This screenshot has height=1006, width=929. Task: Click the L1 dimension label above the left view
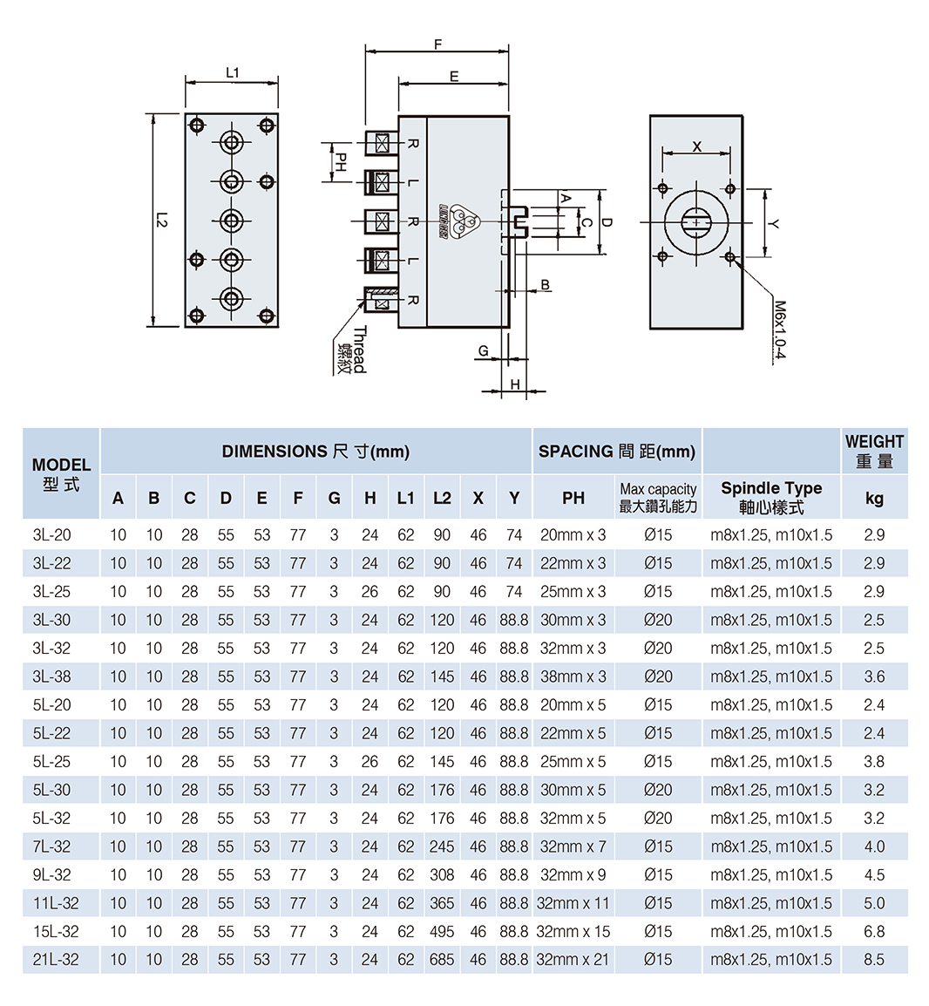click(x=232, y=73)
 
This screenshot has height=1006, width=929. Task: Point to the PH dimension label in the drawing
click(x=342, y=162)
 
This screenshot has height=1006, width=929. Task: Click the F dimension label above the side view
click(x=437, y=44)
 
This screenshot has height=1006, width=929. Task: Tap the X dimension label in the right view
click(x=696, y=146)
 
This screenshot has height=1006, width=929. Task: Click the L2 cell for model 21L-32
click(x=442, y=960)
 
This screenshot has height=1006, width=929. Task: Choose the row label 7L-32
click(x=52, y=846)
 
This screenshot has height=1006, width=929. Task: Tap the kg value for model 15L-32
click(x=874, y=931)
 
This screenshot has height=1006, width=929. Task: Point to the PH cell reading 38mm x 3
click(x=573, y=676)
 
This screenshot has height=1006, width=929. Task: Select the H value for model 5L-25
click(x=370, y=761)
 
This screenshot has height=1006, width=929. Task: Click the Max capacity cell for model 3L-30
click(x=658, y=620)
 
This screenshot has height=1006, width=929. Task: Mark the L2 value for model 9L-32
click(x=442, y=874)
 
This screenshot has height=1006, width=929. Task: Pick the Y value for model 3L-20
click(x=513, y=535)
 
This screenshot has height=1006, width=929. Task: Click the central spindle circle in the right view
click(x=696, y=222)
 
